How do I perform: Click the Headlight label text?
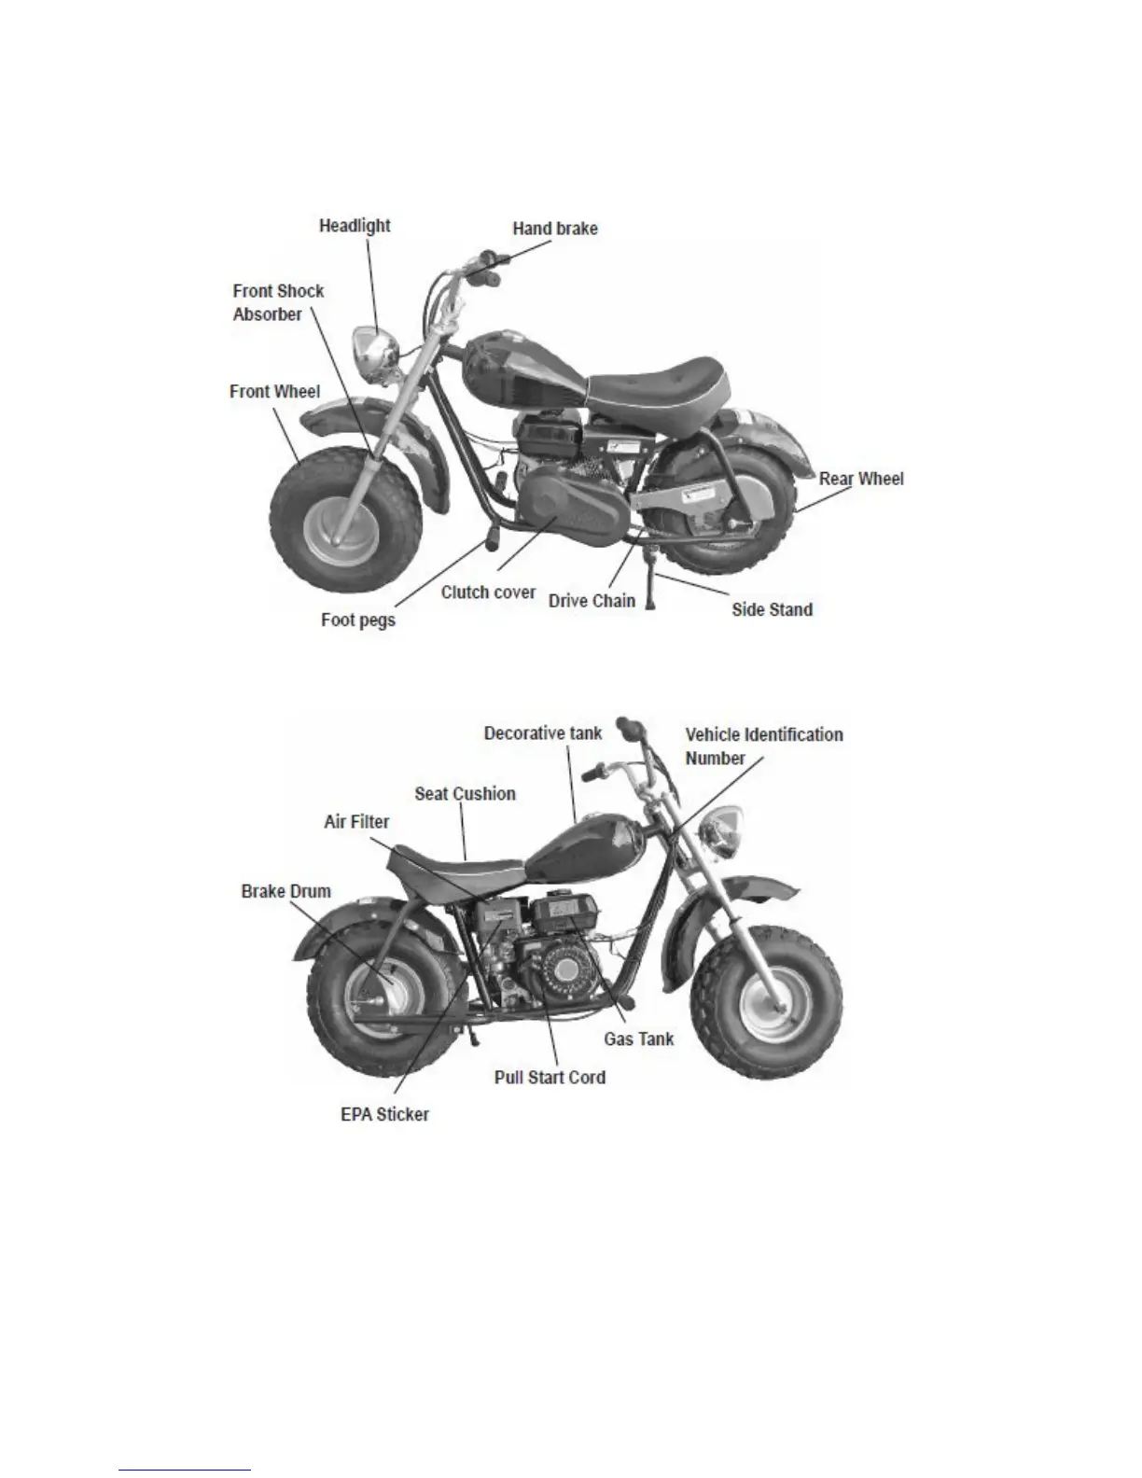(355, 226)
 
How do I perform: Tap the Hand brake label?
(555, 229)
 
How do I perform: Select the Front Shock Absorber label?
(278, 302)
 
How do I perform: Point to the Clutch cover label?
(488, 592)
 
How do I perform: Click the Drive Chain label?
(592, 601)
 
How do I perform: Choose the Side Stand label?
(772, 610)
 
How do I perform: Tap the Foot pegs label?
(358, 620)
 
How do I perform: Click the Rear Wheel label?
(861, 479)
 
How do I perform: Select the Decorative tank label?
(543, 733)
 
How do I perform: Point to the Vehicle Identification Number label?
(763, 746)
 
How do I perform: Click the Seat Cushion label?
(465, 794)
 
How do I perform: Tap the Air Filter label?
(356, 822)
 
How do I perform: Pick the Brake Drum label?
(285, 891)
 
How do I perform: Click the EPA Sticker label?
(384, 1114)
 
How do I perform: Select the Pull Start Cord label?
(550, 1078)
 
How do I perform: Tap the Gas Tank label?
(638, 1039)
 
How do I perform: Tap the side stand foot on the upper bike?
(651, 604)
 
